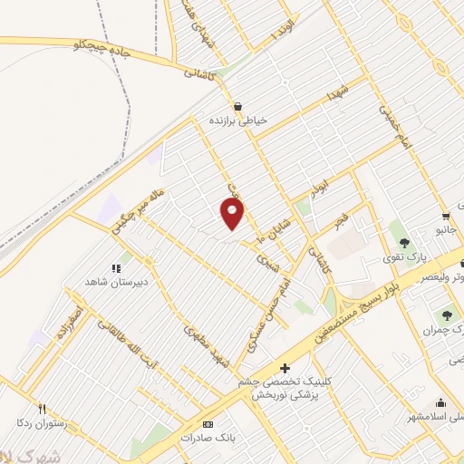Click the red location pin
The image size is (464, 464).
tap(233, 214)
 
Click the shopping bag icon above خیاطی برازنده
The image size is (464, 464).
tap(237, 105)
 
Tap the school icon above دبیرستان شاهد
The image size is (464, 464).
tap(115, 268)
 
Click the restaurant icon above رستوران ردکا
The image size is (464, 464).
tap(42, 409)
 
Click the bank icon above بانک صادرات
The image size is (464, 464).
tap(208, 424)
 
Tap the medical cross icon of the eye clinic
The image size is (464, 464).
tap(285, 368)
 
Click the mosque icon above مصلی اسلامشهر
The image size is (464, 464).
tap(440, 404)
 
